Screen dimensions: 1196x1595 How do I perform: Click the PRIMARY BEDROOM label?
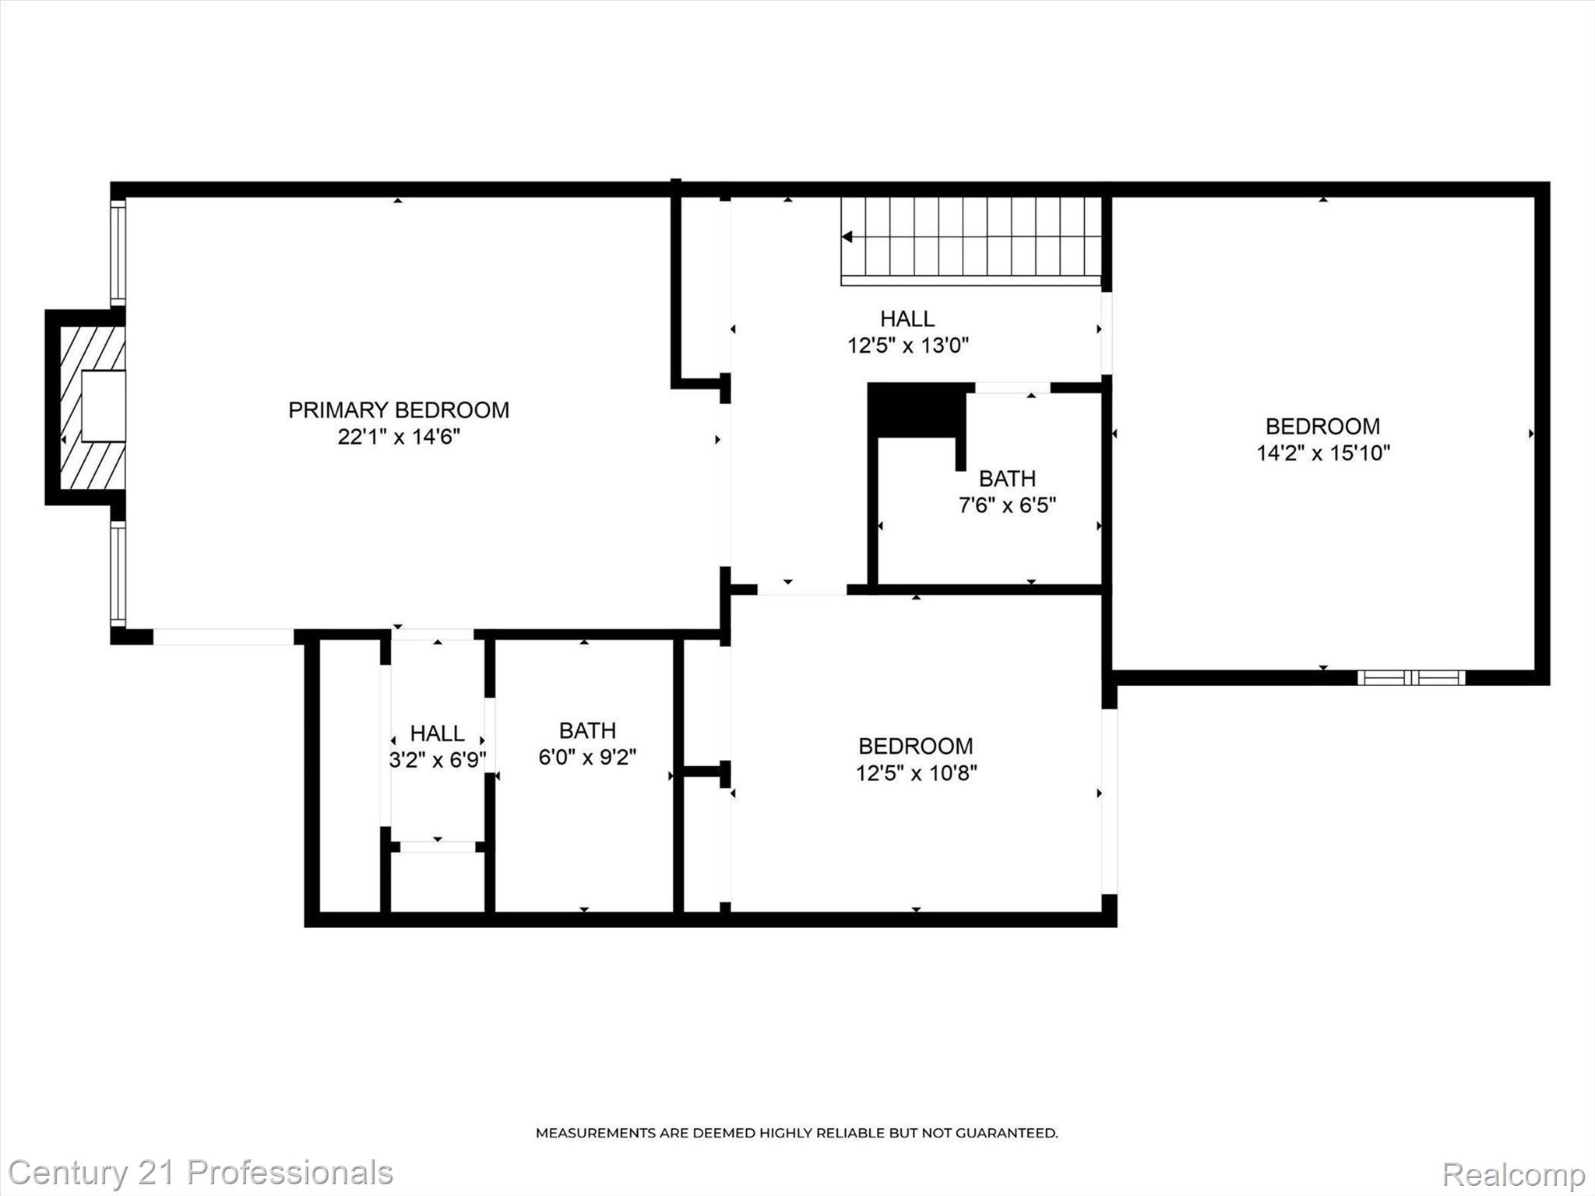coord(399,410)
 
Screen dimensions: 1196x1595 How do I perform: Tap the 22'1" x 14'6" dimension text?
coord(399,437)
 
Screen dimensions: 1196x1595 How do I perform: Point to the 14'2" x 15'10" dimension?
coord(1322,453)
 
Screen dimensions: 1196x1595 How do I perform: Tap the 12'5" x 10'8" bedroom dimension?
coord(916,773)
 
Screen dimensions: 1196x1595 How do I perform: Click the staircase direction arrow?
coord(847,237)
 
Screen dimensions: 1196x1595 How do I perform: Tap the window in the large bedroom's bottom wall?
coord(1411,677)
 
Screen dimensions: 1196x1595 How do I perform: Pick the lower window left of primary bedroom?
coord(118,574)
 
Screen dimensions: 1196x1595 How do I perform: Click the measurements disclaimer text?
coord(796,1133)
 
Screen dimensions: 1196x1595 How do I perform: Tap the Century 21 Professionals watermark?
coord(200,1173)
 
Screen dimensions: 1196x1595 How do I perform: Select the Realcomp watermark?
coord(1513,1174)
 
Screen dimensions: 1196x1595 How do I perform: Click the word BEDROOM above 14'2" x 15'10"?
coord(1322,426)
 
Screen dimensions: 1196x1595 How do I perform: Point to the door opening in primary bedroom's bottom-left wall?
coord(224,637)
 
